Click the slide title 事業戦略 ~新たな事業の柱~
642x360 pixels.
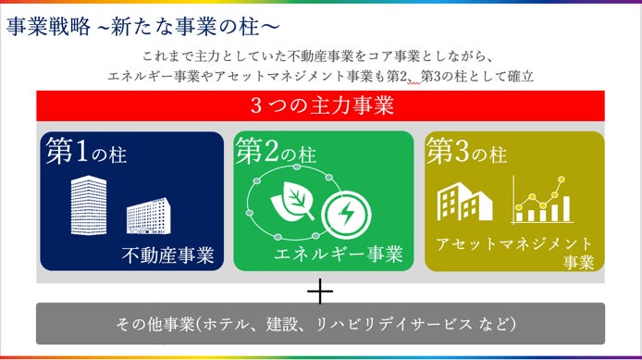pyautogui.click(x=143, y=27)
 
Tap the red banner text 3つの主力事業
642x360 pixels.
pyautogui.click(x=322, y=106)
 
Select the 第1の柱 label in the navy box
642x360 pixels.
pyautogui.click(x=86, y=151)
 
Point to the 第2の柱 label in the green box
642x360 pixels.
pyautogui.click(x=276, y=151)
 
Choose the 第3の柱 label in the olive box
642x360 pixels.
pyautogui.click(x=466, y=151)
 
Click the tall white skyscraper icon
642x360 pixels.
pyautogui.click(x=89, y=205)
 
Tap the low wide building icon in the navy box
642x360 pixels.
pyautogui.click(x=149, y=216)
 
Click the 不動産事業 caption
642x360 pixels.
pyautogui.click(x=167, y=255)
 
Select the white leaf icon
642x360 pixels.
pyautogui.click(x=292, y=201)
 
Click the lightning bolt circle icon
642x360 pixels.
pyautogui.click(x=346, y=215)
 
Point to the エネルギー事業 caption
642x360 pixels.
pyautogui.click(x=339, y=254)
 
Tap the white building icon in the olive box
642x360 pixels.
pyautogui.click(x=464, y=202)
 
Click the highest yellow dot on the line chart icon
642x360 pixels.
pyautogui.click(x=562, y=179)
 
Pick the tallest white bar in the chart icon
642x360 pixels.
pyautogui.click(x=566, y=209)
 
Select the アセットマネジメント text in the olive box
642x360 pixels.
pyautogui.click(x=514, y=244)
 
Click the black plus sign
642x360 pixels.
pyautogui.click(x=320, y=292)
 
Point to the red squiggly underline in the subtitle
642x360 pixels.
pyautogui.click(x=414, y=82)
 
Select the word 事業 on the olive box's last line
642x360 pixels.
pyautogui.click(x=578, y=263)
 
